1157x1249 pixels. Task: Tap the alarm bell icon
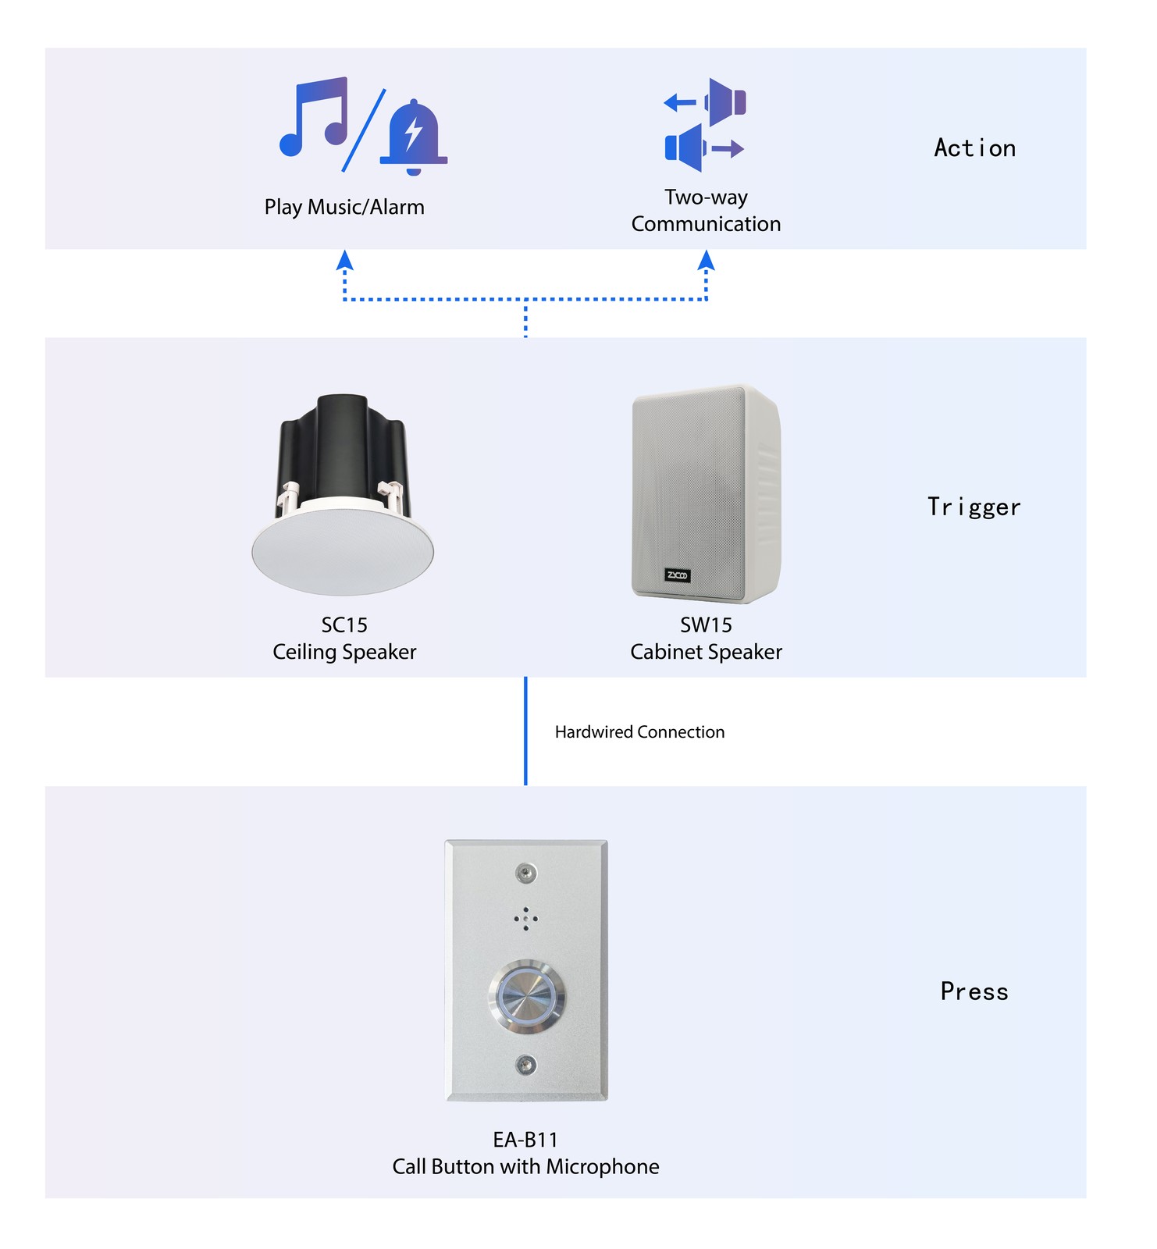coord(413,138)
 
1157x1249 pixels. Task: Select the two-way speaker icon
coord(705,125)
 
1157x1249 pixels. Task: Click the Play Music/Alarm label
coord(344,207)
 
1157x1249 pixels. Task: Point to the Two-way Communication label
coord(706,211)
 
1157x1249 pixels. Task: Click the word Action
coord(974,148)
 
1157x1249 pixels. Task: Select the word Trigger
coord(974,507)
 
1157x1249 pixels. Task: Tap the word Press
coord(974,991)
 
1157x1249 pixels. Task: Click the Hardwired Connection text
coord(639,732)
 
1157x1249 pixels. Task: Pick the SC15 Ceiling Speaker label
coord(344,639)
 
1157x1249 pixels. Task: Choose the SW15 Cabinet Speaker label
coord(706,639)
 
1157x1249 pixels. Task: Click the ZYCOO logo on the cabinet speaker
coord(677,575)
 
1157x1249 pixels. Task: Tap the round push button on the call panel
coord(527,997)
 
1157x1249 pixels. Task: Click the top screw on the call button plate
coord(526,872)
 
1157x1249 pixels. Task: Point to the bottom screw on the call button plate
coord(526,1065)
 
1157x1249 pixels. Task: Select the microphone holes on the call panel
coord(526,919)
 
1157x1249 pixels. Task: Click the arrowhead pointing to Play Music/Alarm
coord(344,261)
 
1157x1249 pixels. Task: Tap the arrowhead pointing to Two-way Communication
coord(706,261)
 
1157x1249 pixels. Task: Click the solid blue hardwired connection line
coord(525,731)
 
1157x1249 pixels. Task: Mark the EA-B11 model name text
coord(525,1140)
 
